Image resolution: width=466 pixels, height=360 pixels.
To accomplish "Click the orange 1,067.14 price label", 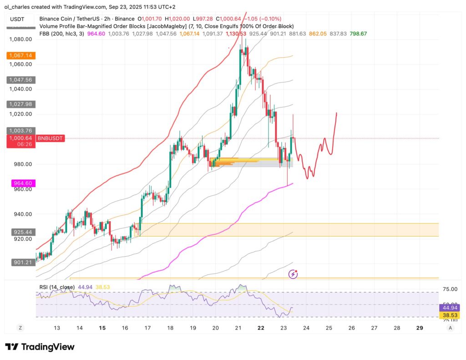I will coord(21,56).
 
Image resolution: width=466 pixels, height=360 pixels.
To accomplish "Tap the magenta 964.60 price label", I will coord(21,183).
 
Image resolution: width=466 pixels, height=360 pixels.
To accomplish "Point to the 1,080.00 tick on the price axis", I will coord(21,39).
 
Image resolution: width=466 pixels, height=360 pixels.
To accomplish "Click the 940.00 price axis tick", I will coord(21,214).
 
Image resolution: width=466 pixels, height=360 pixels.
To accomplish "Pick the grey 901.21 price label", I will coord(21,262).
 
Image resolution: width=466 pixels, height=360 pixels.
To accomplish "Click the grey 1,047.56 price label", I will coord(21,80).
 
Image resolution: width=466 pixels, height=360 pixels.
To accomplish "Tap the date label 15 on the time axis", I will coord(102,328).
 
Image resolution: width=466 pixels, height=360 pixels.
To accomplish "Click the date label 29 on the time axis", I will coord(420,328).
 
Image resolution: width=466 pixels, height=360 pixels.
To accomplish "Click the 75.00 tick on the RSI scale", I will coord(450,289).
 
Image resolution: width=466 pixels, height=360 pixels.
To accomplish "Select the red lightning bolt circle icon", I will coord(294,274).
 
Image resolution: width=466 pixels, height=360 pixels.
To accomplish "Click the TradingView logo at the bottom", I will coord(40,347).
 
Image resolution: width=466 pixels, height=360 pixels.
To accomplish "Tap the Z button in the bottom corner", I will coord(20,328).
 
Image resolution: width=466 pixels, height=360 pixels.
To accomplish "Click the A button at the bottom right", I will coord(450,328).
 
